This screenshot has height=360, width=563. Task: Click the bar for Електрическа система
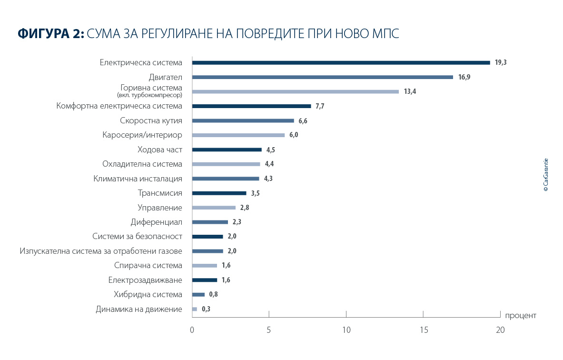point(341,62)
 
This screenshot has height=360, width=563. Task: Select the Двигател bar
point(322,77)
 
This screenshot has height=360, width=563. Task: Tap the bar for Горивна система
point(295,91)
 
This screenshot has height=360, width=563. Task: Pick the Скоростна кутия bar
point(243,120)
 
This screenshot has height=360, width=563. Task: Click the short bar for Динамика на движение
point(194,309)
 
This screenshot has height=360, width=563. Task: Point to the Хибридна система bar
point(198,294)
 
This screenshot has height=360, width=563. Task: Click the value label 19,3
point(500,62)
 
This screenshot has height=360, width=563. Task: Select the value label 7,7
point(320,106)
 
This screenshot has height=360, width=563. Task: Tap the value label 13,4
point(410,91)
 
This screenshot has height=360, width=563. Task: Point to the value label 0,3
point(206,309)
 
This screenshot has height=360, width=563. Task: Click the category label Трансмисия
point(160,193)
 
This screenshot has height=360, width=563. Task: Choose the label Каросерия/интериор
point(142,135)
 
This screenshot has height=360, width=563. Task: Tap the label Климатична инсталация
point(138,179)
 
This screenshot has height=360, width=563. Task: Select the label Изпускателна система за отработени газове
point(101,251)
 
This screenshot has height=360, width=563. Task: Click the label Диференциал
point(156,222)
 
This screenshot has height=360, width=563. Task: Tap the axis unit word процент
point(521,315)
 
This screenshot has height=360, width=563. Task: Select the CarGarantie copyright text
point(545,175)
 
